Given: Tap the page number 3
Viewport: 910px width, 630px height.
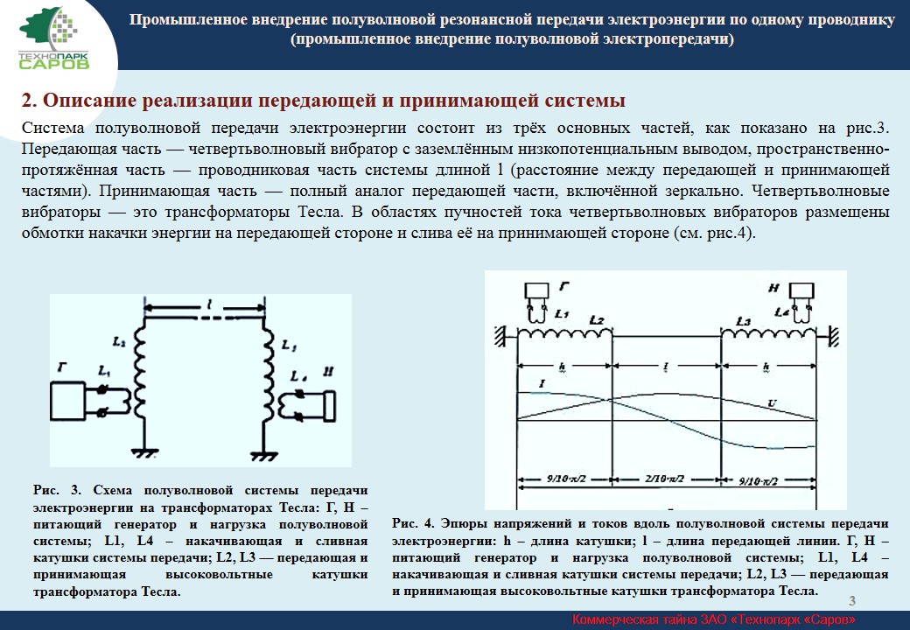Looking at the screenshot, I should tap(852, 599).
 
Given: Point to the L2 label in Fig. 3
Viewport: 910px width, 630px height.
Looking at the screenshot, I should tap(119, 339).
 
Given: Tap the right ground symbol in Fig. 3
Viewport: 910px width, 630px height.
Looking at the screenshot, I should tap(260, 454).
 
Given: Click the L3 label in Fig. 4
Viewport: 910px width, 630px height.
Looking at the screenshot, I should tap(742, 322).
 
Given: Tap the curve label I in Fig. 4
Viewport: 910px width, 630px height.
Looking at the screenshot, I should tap(542, 382).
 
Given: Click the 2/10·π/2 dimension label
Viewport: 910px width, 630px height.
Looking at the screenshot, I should tap(664, 479).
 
